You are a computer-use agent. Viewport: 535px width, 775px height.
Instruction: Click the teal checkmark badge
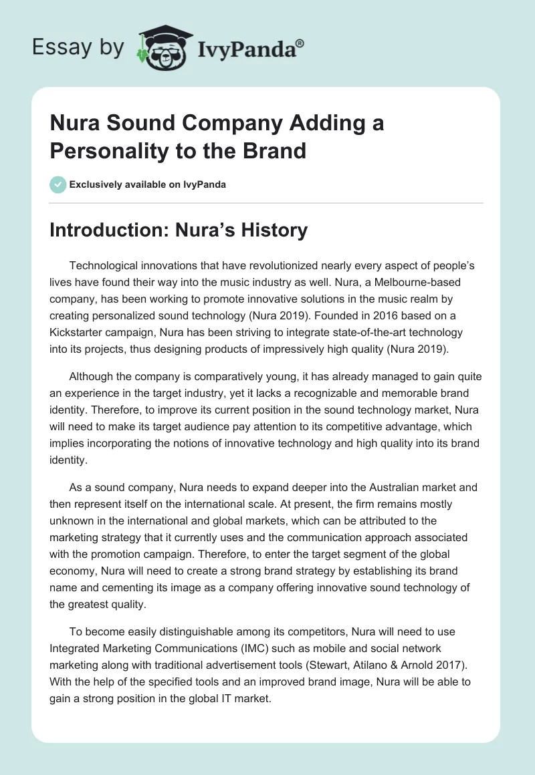[58, 184]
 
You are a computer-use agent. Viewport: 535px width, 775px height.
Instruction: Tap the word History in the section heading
[273, 230]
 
